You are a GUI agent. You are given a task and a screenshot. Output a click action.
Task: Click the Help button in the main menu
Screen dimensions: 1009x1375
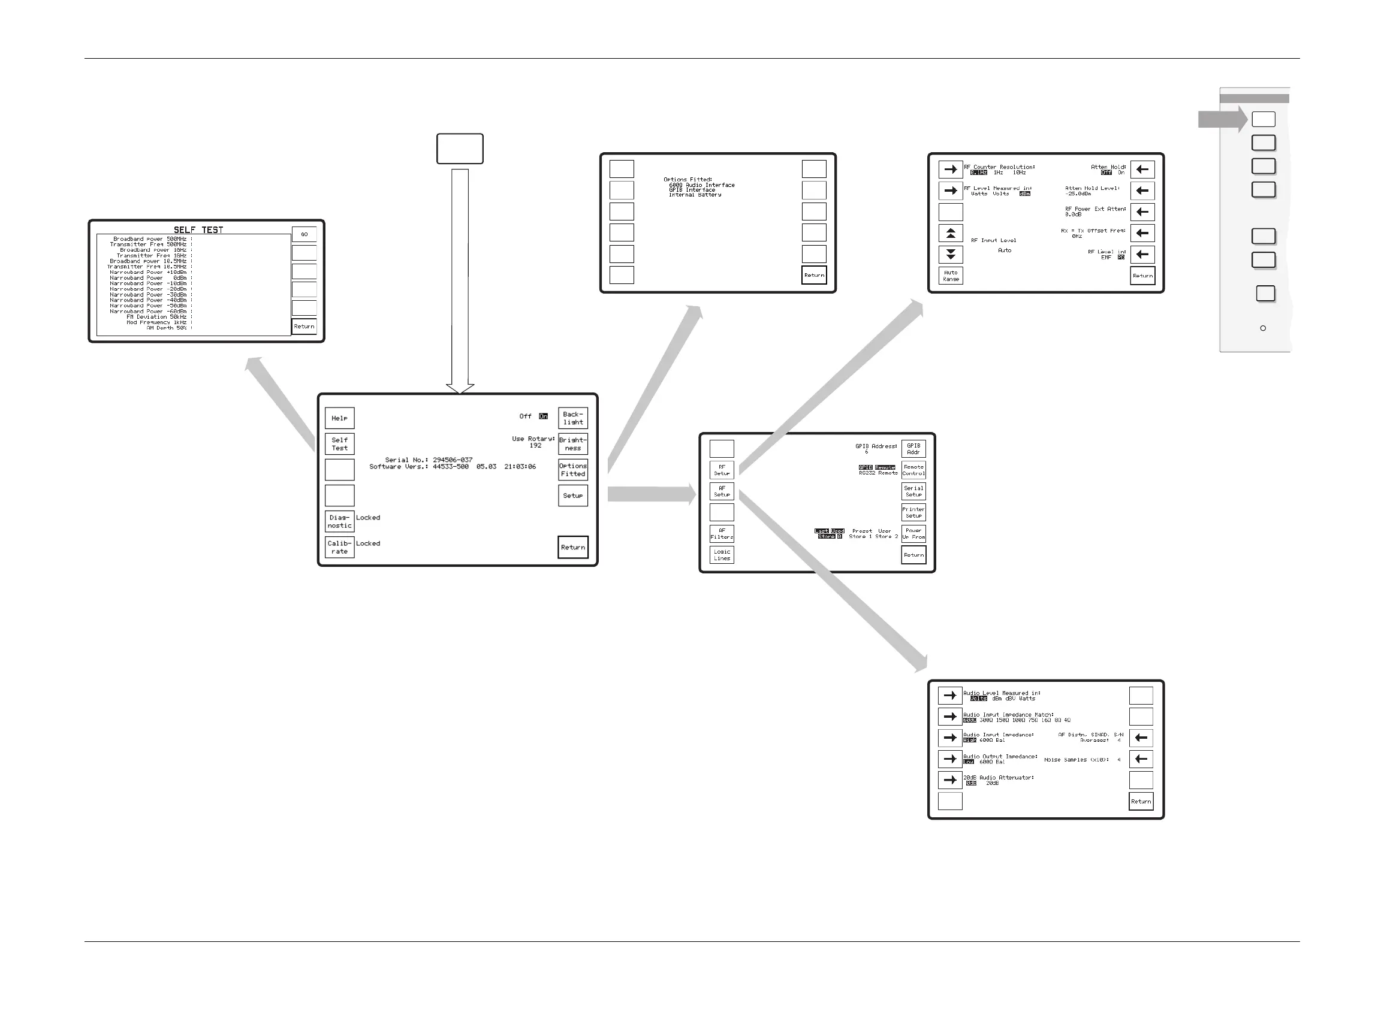(339, 418)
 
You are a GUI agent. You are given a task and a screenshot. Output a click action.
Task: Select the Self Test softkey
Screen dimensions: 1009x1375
(339, 444)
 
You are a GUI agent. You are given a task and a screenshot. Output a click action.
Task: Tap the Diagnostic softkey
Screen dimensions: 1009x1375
(339, 522)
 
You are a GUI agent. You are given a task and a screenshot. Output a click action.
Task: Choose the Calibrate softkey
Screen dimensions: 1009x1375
(339, 547)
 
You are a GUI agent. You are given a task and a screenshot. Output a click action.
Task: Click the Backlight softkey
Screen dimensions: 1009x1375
(573, 418)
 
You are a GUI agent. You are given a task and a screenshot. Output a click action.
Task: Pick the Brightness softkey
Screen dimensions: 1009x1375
(573, 444)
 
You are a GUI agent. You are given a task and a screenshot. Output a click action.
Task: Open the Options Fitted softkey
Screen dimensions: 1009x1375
(573, 470)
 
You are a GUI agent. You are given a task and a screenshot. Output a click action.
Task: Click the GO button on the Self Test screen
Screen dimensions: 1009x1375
(304, 234)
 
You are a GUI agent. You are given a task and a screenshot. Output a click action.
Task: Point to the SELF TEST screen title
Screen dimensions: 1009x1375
(198, 229)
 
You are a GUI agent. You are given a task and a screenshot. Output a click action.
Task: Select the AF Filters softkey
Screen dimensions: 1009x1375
(722, 534)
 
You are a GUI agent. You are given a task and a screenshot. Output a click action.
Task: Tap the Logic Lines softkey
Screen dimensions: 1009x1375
(722, 555)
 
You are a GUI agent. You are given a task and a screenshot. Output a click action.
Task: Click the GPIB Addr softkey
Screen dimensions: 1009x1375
(913, 449)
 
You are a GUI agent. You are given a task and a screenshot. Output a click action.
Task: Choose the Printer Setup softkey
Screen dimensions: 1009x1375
(913, 512)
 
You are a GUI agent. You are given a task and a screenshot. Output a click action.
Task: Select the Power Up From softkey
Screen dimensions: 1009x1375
(913, 534)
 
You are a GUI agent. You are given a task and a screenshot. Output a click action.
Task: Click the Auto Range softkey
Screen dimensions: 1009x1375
(951, 276)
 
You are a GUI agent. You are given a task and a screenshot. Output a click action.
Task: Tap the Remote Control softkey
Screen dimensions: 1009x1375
(913, 470)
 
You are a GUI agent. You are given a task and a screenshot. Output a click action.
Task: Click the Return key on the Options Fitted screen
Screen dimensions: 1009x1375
(813, 276)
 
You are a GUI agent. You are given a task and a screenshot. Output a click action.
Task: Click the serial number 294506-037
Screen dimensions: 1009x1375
(452, 460)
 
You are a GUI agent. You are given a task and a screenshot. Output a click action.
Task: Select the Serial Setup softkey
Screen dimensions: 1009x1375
(913, 491)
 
